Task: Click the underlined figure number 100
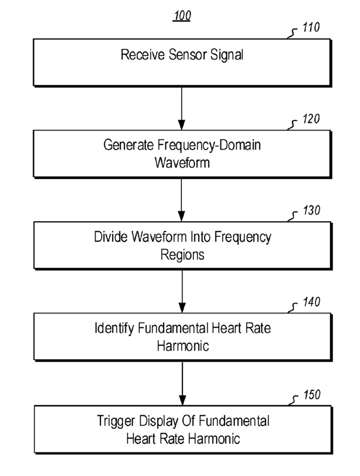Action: [x=182, y=16]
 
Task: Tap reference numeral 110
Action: [x=311, y=27]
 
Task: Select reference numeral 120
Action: [x=311, y=119]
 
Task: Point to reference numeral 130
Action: [x=311, y=210]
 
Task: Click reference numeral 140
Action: [x=311, y=302]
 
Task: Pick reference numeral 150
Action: [x=312, y=395]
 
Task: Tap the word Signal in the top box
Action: [x=227, y=55]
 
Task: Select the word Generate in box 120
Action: [x=129, y=145]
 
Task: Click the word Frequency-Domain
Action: [x=209, y=145]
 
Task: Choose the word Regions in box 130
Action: [x=182, y=255]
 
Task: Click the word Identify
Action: [x=114, y=328]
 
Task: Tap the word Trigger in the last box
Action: [x=116, y=421]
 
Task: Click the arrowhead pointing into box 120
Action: [x=181, y=125]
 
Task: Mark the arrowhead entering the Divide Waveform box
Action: [x=181, y=216]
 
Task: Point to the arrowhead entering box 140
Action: [x=182, y=308]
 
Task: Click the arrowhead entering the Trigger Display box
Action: [x=182, y=400]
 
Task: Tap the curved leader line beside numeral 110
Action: [x=292, y=33]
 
